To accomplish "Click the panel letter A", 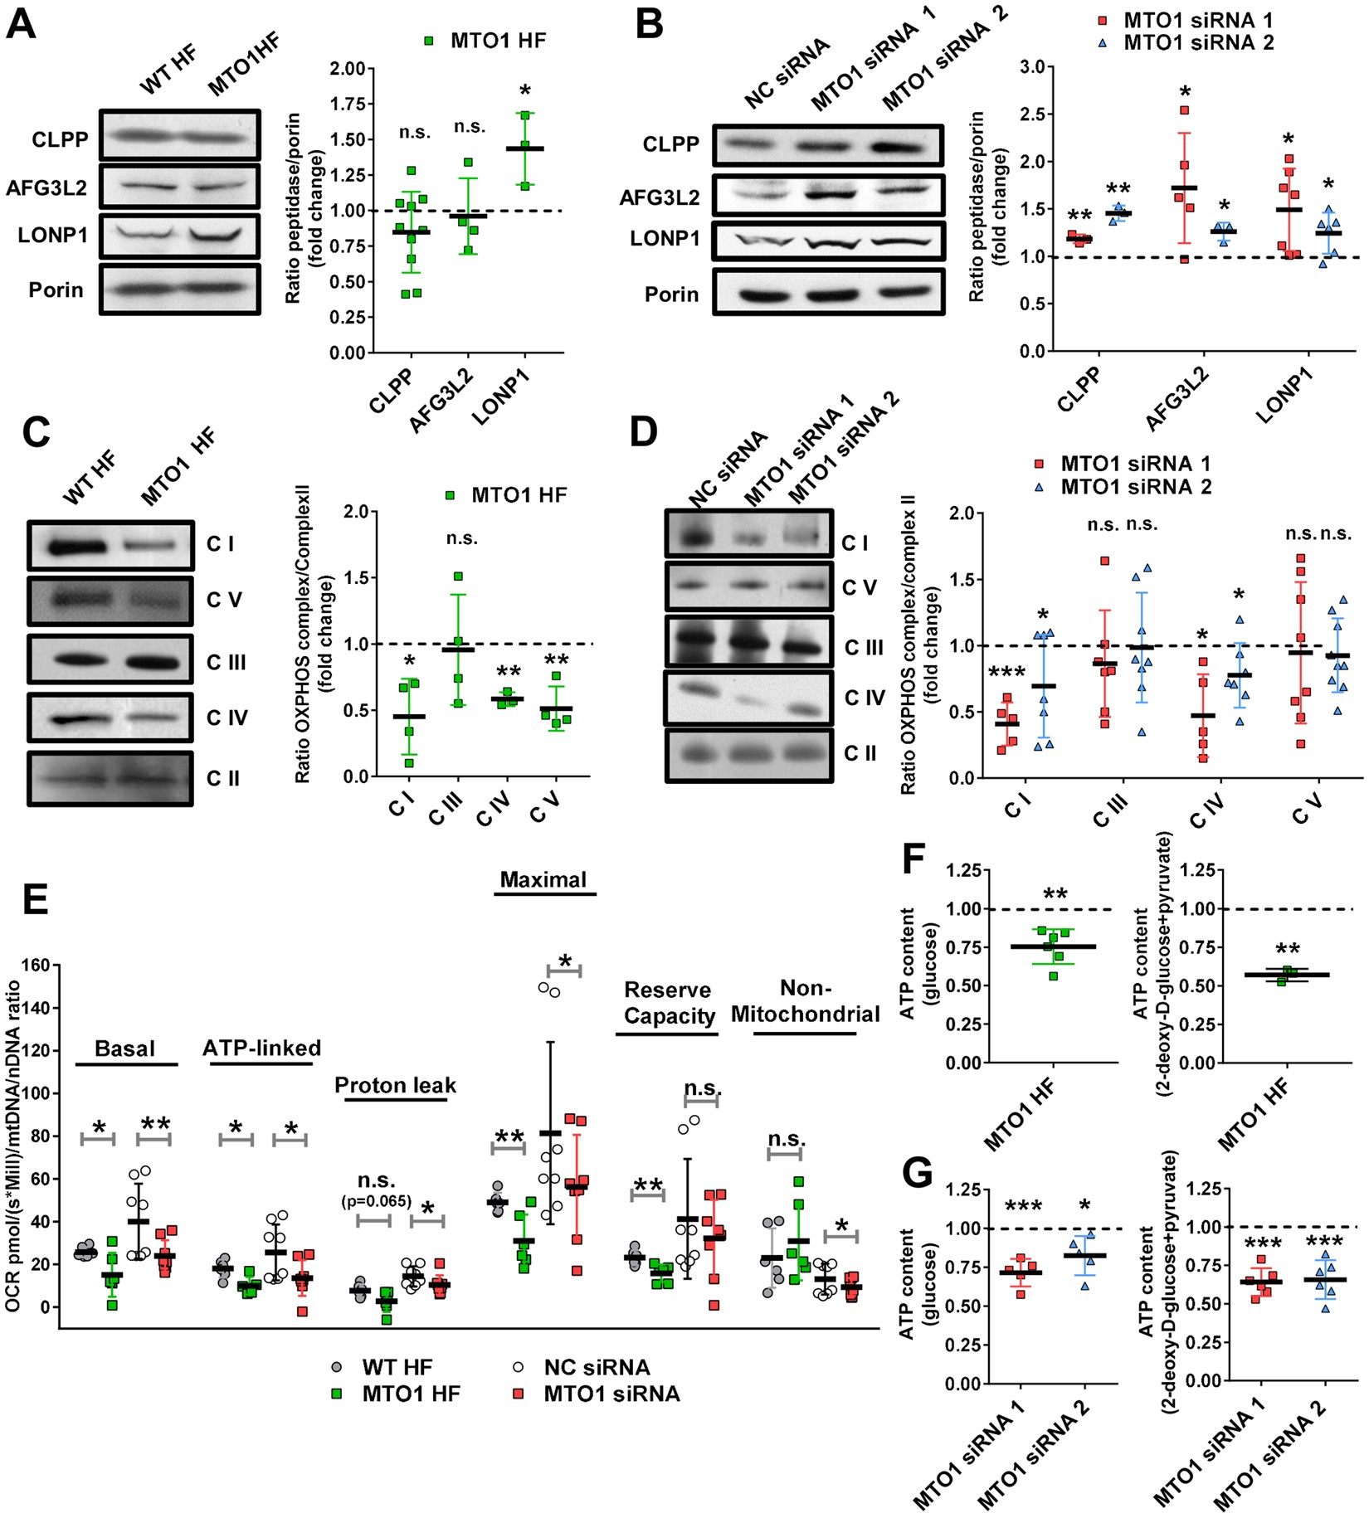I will [22, 24].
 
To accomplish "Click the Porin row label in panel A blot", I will [56, 290].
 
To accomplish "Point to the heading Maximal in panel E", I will [543, 880].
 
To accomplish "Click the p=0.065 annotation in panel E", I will [376, 1200].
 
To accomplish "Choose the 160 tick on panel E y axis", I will [37, 966].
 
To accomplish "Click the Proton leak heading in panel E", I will [395, 1086].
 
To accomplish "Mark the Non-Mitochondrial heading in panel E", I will [805, 1002].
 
